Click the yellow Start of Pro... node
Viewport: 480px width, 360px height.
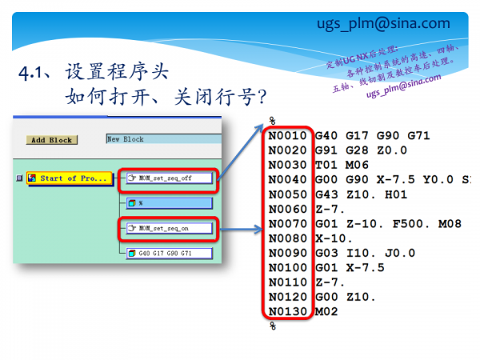68,178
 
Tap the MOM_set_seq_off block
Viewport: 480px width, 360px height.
169,178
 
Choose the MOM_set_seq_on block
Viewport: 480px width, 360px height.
167,230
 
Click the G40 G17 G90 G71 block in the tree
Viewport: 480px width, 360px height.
169,254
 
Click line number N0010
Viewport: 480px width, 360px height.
288,135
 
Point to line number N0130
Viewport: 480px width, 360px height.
288,310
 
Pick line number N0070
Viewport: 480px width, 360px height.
288,223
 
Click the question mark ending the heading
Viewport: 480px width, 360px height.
261,98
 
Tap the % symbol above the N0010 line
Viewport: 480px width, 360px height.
272,120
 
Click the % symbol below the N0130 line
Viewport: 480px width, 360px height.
272,325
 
